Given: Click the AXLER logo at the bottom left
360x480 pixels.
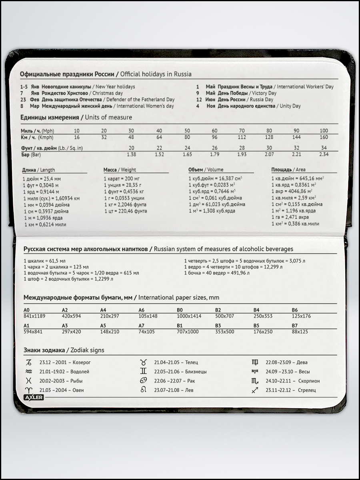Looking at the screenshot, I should [33, 397].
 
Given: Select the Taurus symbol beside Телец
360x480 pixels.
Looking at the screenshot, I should [143, 362].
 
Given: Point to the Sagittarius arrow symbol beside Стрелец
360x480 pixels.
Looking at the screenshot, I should [255, 390].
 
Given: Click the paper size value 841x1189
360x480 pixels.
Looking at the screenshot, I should [34, 316].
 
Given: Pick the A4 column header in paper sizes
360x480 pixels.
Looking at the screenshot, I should [103, 310].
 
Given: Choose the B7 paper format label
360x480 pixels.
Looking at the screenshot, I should [295, 326].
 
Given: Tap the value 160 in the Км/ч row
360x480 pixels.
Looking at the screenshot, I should [324, 137].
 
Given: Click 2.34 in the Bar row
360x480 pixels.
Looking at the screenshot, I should [324, 154].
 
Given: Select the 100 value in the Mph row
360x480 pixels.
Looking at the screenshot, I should [324, 131].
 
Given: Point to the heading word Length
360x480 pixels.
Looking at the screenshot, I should [48, 170].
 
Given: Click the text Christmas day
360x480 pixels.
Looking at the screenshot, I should [108, 93].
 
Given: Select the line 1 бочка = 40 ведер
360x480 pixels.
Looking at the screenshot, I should [216, 273].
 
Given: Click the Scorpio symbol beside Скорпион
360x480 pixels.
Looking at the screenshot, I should [255, 381].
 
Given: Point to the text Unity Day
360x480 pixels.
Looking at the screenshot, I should [290, 106].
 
